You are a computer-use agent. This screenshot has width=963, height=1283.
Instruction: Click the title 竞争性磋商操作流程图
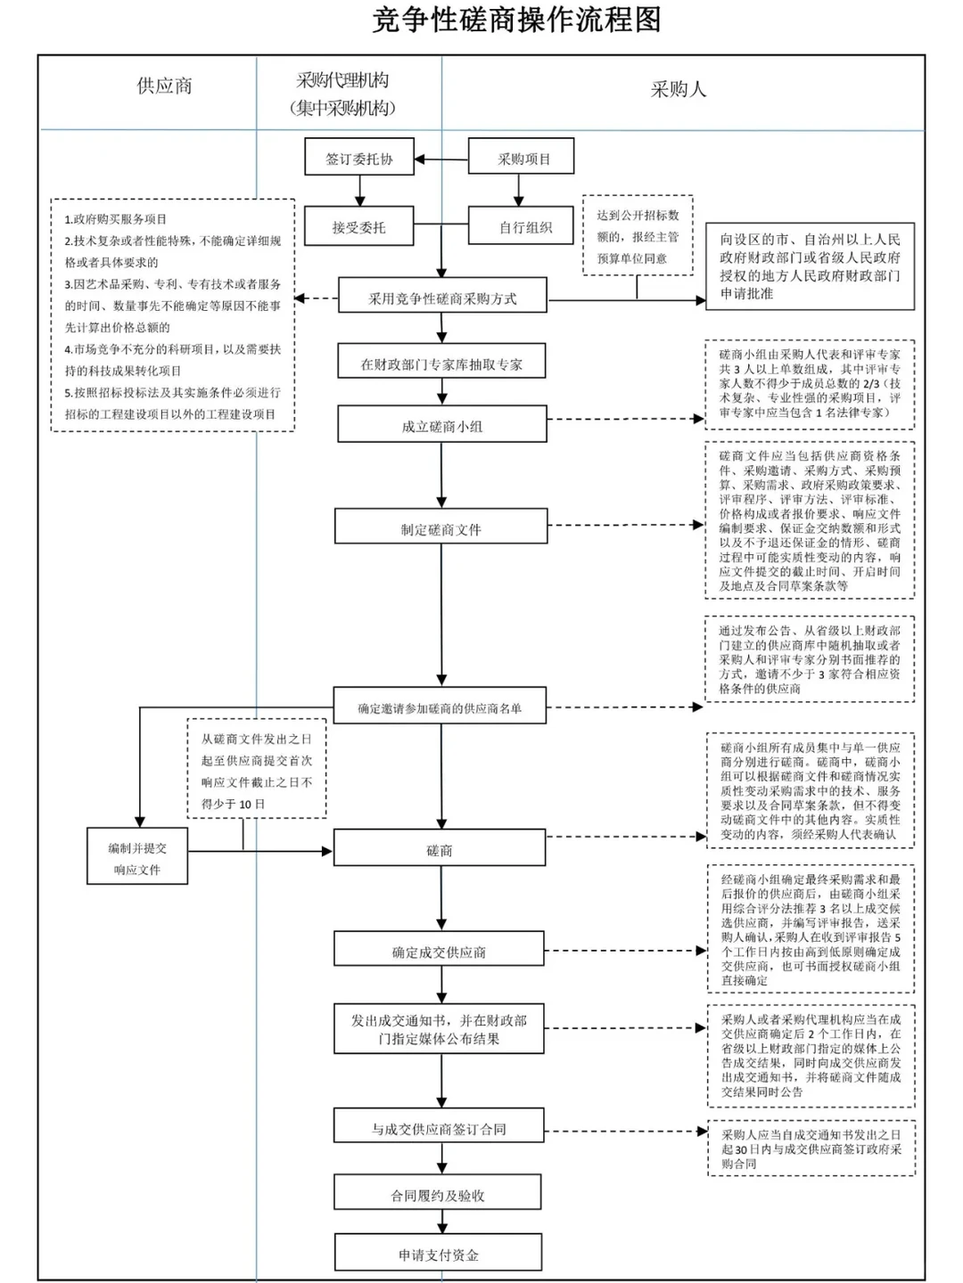(516, 20)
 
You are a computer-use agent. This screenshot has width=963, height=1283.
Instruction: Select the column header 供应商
(164, 86)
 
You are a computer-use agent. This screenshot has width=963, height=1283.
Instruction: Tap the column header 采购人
(678, 89)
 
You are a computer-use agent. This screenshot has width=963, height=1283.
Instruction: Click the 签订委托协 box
(359, 159)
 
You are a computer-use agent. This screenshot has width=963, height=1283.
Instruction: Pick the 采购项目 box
(523, 159)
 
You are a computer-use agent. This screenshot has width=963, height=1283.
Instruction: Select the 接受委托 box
(358, 227)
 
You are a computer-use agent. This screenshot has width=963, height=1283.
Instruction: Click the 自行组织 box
(524, 227)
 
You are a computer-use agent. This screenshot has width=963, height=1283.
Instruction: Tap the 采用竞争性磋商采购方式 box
(442, 298)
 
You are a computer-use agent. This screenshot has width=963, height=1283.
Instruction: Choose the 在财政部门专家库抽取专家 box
(441, 364)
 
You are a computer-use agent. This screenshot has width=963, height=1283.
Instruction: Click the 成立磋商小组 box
(441, 426)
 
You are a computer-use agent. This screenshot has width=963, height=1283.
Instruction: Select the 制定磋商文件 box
(440, 528)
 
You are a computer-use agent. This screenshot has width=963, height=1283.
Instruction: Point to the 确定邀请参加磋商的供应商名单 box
(440, 707)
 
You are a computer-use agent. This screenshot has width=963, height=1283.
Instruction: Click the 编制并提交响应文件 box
(137, 858)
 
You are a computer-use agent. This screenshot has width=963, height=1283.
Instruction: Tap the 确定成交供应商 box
(439, 952)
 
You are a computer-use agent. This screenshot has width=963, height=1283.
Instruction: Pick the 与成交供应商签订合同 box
(439, 1128)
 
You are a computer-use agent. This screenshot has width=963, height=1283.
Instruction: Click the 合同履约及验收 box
(438, 1195)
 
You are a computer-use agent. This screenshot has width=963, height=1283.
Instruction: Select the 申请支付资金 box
(438, 1254)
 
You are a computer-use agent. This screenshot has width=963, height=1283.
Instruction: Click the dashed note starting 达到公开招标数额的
(638, 236)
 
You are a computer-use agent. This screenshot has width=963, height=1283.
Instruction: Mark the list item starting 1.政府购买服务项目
(116, 219)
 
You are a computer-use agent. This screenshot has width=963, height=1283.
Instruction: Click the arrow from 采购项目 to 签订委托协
(442, 160)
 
